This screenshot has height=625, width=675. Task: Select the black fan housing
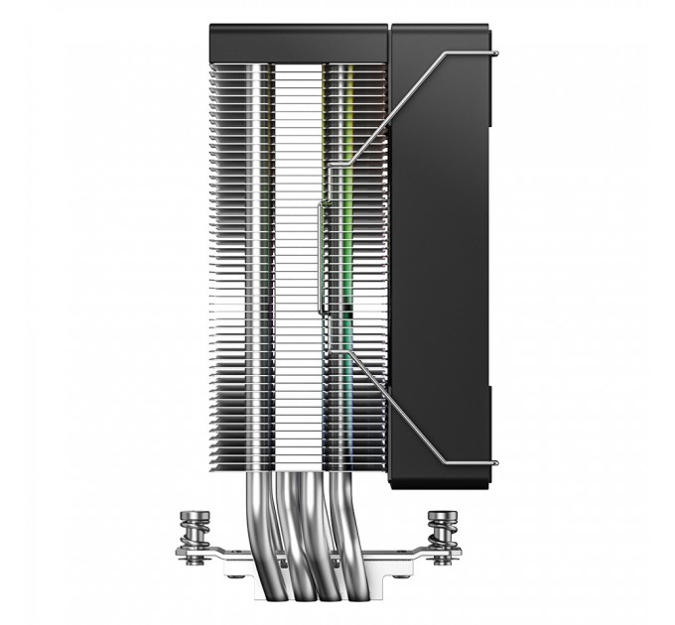pyautogui.click(x=442, y=248)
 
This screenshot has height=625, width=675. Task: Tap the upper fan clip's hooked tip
pyautogui.click(x=493, y=50)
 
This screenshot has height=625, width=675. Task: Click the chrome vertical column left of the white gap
pyautogui.click(x=260, y=248)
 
